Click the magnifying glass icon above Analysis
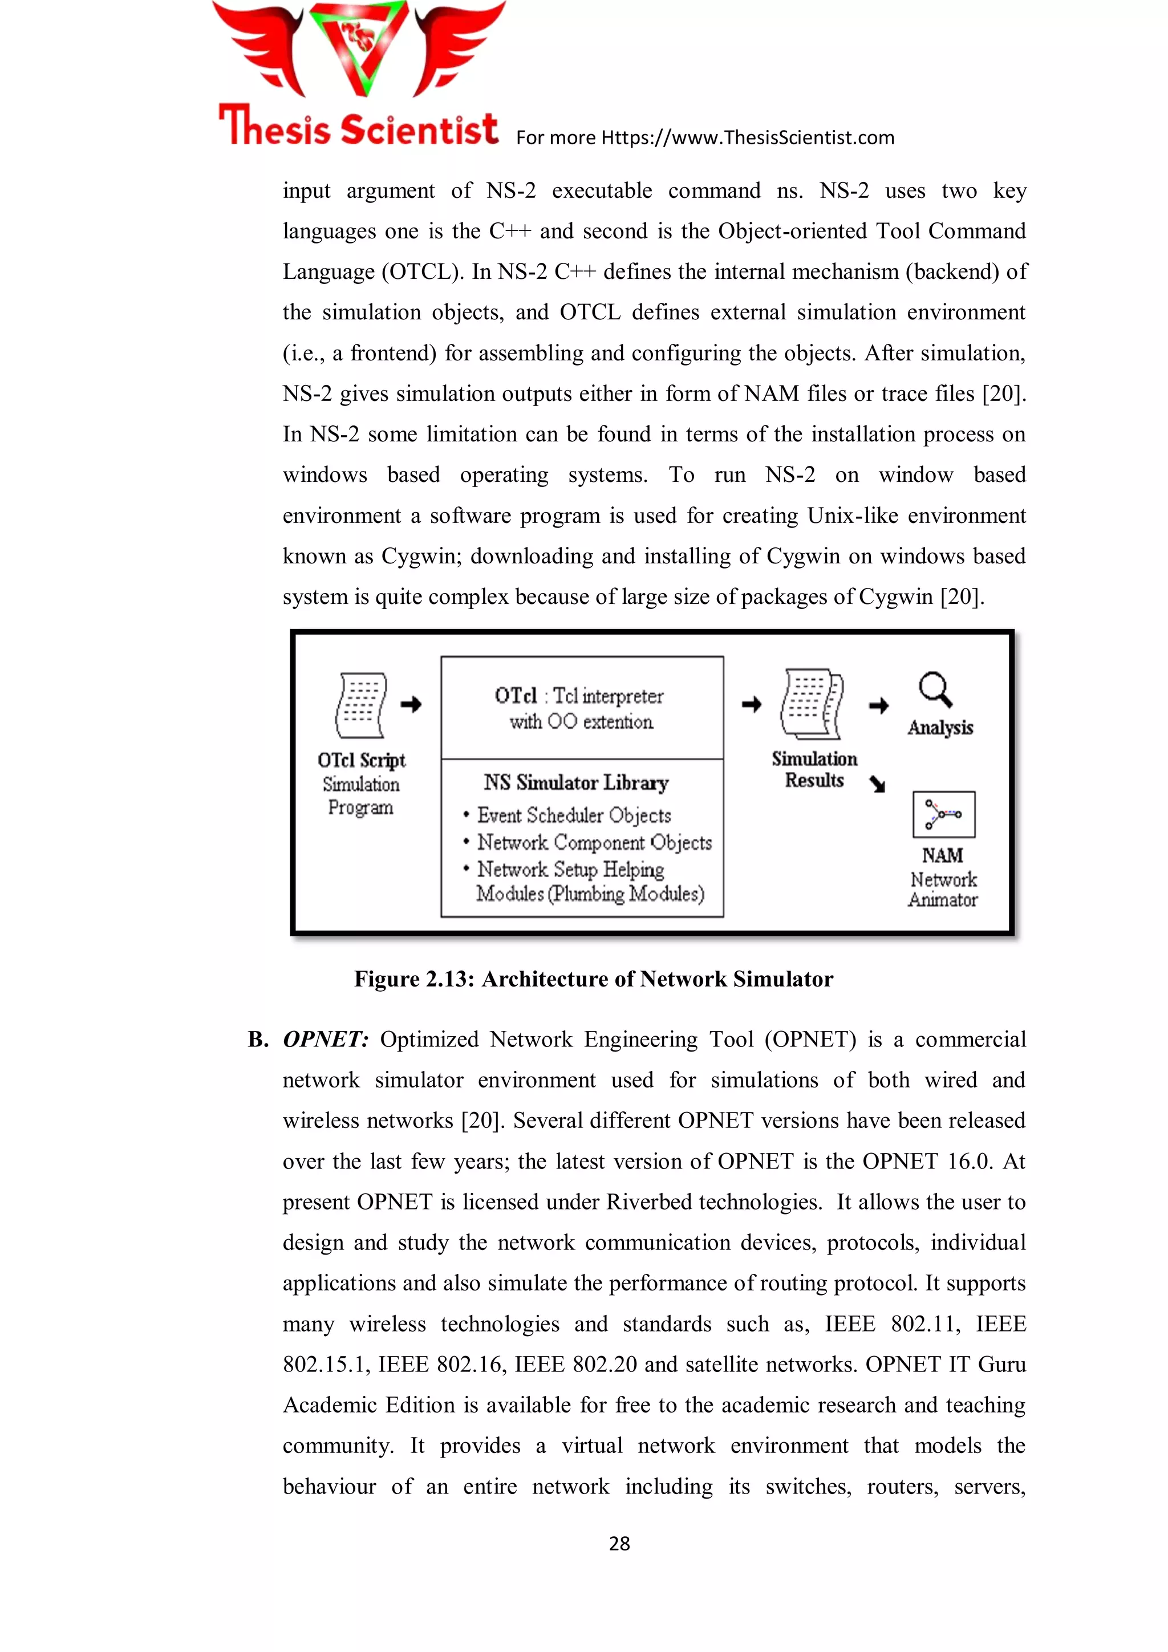click(935, 689)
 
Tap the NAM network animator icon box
click(943, 814)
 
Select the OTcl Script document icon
click(360, 705)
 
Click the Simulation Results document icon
click(812, 705)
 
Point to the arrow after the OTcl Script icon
click(411, 704)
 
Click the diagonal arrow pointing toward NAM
click(877, 784)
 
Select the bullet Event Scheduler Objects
click(574, 815)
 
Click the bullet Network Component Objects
click(594, 843)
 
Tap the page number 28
click(619, 1543)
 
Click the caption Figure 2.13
click(593, 979)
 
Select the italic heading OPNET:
click(325, 1040)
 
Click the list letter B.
click(258, 1040)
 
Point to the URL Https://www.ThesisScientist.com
click(747, 137)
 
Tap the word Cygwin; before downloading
click(423, 556)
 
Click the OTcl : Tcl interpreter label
click(579, 696)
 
